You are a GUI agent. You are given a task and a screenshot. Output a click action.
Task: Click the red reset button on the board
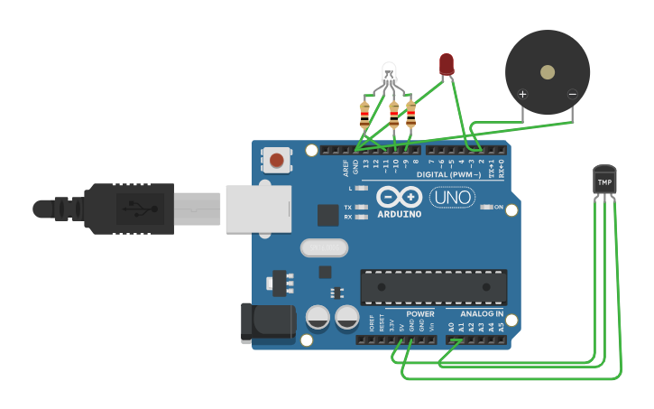tap(277, 161)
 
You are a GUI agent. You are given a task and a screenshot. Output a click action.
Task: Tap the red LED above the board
tap(447, 64)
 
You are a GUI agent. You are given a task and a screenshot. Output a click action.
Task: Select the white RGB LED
tap(389, 71)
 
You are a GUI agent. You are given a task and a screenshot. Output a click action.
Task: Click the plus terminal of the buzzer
tap(522, 94)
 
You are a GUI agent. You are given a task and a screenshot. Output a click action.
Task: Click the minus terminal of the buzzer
tap(572, 94)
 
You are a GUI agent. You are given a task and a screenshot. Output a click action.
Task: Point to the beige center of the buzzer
tap(548, 71)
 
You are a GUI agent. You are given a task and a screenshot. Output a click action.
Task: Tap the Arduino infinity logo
tap(399, 197)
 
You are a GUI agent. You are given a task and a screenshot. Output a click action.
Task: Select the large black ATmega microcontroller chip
tap(433, 287)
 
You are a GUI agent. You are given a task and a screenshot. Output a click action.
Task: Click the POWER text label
tap(419, 314)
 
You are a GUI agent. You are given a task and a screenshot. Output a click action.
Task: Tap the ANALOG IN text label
tap(475, 314)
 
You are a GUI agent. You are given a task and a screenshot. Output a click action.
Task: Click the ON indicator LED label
tap(497, 207)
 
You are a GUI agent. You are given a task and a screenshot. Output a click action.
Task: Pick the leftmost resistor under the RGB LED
tap(364, 116)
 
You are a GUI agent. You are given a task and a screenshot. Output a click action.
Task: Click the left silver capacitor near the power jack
tap(318, 317)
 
